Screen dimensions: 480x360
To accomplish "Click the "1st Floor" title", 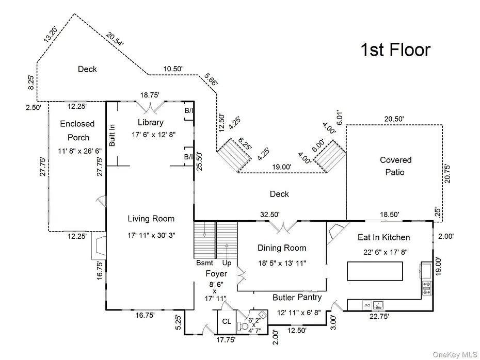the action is click(x=395, y=50).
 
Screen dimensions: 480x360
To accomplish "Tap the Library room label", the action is click(x=151, y=122).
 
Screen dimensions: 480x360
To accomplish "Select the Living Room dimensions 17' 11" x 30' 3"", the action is click(x=151, y=235).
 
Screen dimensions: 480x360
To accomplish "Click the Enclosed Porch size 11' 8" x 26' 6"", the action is click(x=79, y=151).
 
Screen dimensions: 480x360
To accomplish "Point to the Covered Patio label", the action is click(x=395, y=166).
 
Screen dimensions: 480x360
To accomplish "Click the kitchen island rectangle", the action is click(x=375, y=271).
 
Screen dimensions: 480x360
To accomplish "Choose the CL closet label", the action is click(x=227, y=321).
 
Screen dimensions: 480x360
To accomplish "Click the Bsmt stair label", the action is click(x=204, y=263).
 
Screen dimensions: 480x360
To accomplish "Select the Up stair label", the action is click(x=227, y=263).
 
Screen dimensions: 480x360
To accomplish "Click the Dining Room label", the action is click(x=282, y=248).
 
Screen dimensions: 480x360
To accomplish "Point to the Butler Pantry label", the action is click(x=297, y=297).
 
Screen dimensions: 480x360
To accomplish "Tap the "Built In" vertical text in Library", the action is click(x=112, y=135).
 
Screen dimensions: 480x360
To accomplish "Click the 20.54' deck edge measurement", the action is click(x=115, y=39).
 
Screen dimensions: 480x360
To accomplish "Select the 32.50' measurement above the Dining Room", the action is click(x=270, y=215).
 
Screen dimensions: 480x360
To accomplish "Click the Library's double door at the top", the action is click(x=150, y=107).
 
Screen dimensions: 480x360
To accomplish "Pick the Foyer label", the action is click(x=216, y=274).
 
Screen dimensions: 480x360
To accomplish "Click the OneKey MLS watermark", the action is click(x=455, y=354).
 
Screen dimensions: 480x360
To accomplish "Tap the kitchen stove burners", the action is click(x=427, y=288).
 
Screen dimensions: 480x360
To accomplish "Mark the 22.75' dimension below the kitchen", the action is click(x=379, y=316).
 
